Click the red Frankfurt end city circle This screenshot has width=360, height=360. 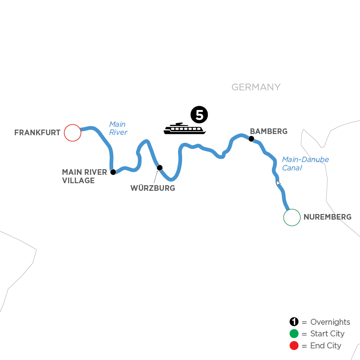72,132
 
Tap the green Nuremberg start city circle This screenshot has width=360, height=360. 292,218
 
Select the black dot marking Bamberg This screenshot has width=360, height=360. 251,139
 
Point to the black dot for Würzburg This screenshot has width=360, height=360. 160,168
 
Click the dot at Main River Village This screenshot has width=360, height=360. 113,172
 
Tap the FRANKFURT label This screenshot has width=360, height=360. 37,132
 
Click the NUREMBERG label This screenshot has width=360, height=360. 328,218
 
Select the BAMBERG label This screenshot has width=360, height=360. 268,131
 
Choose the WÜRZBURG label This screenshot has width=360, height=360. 153,188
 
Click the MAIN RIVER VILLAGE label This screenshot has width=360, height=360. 84,176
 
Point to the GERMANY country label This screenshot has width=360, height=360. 256,87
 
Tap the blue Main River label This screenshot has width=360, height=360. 118,128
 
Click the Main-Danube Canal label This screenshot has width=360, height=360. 306,164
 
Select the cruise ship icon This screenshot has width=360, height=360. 184,129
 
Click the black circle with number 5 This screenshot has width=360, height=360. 199,115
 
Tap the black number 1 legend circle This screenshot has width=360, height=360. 294,322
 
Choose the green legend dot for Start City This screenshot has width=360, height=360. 294,334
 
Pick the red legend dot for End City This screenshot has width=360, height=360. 294,346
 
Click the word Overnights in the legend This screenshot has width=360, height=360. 330,322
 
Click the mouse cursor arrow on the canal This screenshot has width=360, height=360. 278,183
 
